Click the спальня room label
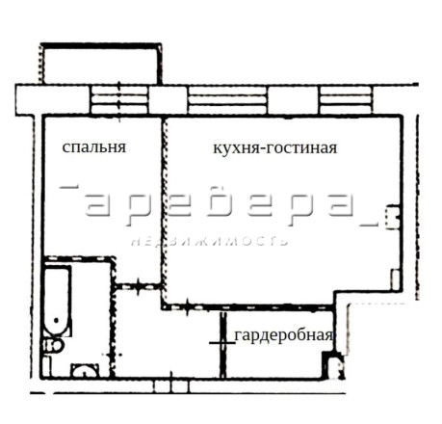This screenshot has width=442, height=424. click(x=94, y=147)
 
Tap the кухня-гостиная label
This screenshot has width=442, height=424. click(x=275, y=148)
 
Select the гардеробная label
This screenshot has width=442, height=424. click(x=283, y=335)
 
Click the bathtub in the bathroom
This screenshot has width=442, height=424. click(x=57, y=301)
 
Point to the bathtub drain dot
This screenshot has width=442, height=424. click(x=57, y=320)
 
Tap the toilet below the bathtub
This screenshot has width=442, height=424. click(x=53, y=346)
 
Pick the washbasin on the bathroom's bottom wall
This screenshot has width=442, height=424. click(x=86, y=370)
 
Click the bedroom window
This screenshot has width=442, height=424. click(x=119, y=99)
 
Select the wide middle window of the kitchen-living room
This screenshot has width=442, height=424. click(x=227, y=100)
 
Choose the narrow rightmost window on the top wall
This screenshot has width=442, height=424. click(x=346, y=100)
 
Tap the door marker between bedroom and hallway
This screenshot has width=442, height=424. click(x=139, y=286)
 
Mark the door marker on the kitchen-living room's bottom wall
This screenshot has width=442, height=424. click(x=188, y=306)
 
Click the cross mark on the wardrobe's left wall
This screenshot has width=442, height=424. click(x=222, y=343)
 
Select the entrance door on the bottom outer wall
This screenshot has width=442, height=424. click(x=171, y=385)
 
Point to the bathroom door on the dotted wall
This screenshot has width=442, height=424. click(x=113, y=355)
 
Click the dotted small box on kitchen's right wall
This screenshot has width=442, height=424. click(x=393, y=217)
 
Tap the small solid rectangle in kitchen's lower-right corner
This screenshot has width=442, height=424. click(x=395, y=279)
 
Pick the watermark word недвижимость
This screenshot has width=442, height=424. click(x=210, y=241)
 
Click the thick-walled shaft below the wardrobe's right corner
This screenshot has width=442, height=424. click(x=333, y=365)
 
